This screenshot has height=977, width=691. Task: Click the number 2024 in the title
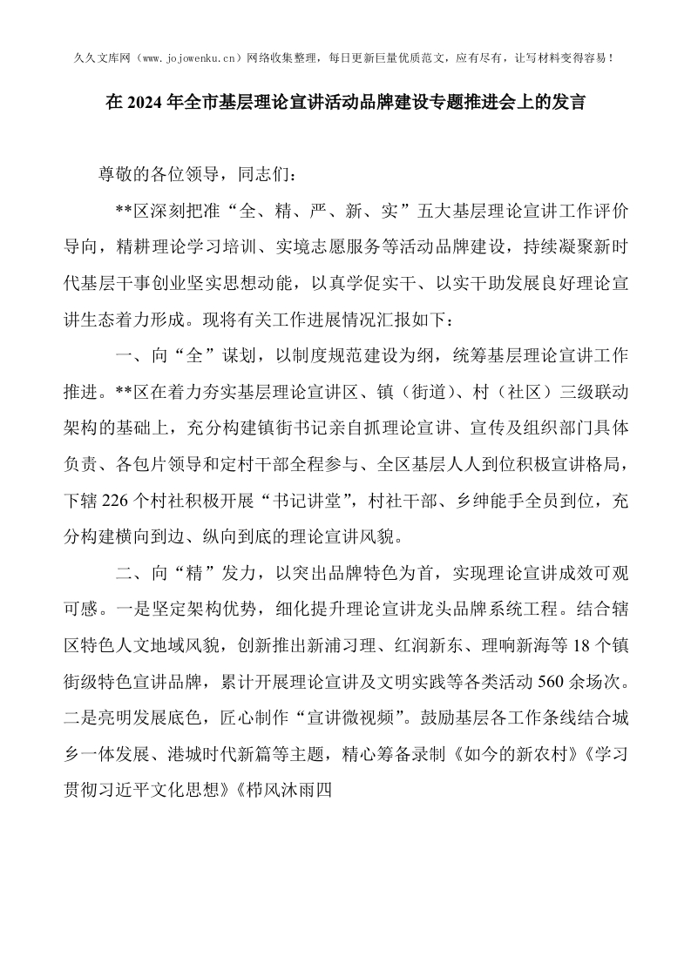(x=146, y=103)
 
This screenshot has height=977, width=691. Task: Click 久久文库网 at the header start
(x=98, y=58)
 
